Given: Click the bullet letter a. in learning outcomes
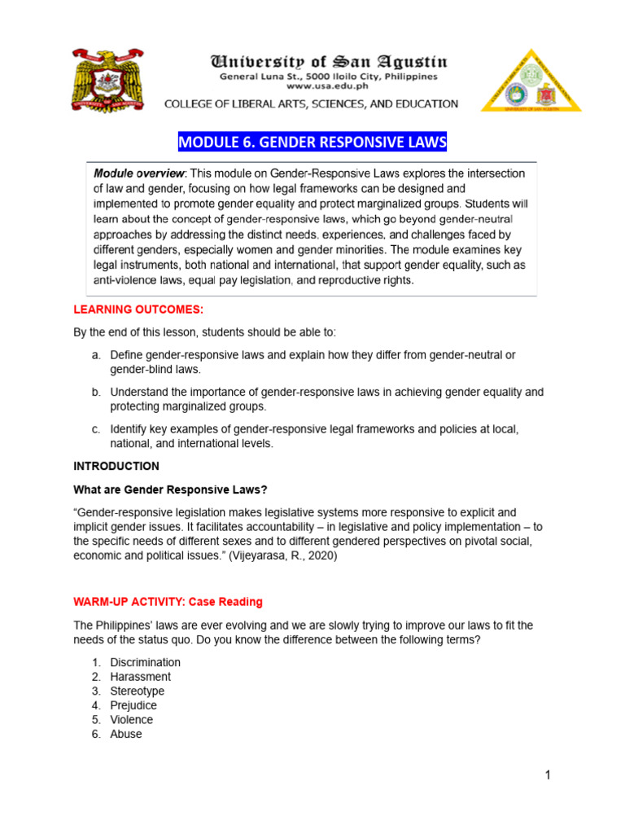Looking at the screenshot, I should click(x=95, y=355).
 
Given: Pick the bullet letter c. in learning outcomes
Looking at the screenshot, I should click(x=95, y=428).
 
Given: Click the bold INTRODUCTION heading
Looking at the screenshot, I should click(x=116, y=467).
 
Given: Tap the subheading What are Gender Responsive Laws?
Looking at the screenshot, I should click(x=170, y=489).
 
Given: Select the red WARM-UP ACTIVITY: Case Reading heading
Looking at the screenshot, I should click(x=168, y=602).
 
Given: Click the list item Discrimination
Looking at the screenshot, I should click(x=146, y=662).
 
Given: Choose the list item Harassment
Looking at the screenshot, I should click(x=141, y=677).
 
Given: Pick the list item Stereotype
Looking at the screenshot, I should click(x=138, y=691).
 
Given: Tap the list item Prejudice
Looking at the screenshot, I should click(x=133, y=705).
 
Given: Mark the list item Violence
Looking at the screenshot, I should click(x=132, y=720).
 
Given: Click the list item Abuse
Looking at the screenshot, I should click(x=126, y=734).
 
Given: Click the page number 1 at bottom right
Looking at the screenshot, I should click(x=549, y=775).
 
